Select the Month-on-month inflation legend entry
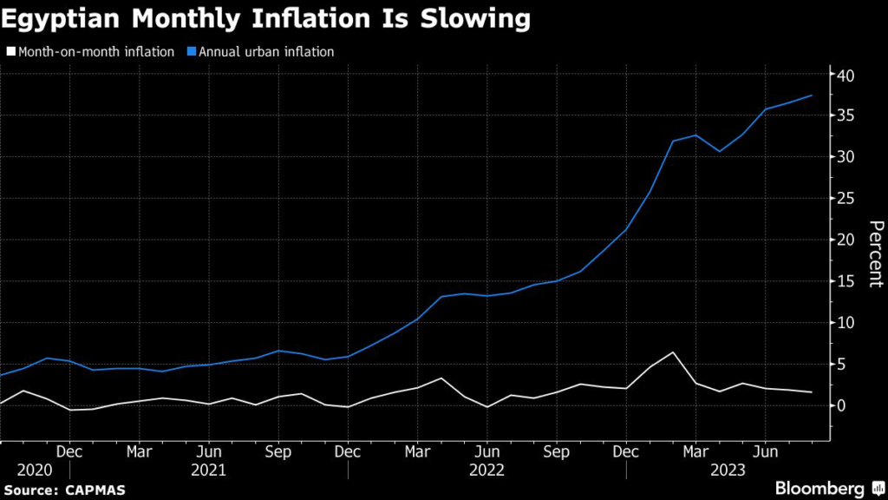coord(96,52)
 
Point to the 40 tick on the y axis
coord(846,76)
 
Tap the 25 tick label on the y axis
coord(846,199)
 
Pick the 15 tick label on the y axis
coord(846,281)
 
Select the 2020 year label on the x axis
coord(34,470)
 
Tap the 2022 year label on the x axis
coord(486,470)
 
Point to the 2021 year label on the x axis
coord(208,470)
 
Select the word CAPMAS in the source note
coord(95,490)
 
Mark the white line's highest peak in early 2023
coord(673,352)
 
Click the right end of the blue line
coord(812,95)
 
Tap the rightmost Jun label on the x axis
coord(765,451)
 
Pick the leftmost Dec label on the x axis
coord(69,451)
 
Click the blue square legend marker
coord(193,52)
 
